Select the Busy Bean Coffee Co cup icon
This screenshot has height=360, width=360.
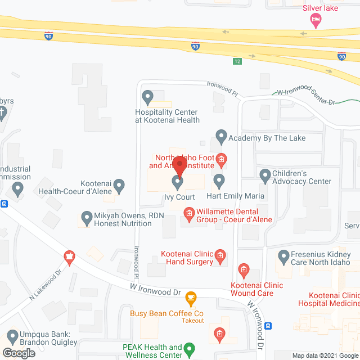tap(191, 297)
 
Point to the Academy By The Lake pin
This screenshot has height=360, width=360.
tap(221, 136)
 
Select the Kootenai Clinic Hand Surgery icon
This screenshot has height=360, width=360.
tap(221, 256)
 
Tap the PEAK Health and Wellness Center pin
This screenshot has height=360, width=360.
tap(190, 348)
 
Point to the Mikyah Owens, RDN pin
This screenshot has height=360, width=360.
tap(87, 217)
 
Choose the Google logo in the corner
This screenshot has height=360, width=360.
tap(18, 353)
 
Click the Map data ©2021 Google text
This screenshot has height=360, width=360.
tap(325, 355)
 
